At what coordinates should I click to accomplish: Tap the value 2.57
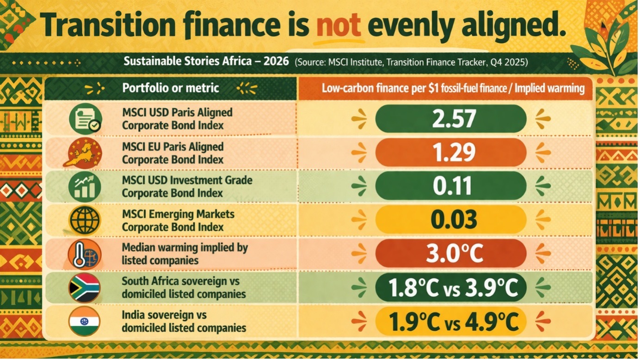(450, 119)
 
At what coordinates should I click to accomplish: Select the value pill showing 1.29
(450, 153)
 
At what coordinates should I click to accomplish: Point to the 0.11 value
(450, 186)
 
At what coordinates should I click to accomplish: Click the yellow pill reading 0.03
(450, 220)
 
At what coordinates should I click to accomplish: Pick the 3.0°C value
(450, 253)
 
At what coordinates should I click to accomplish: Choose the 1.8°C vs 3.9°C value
(450, 287)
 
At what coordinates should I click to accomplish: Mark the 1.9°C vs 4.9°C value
(450, 321)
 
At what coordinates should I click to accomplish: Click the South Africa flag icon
(84, 287)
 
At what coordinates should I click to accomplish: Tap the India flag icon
(84, 321)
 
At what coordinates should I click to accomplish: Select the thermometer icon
(84, 254)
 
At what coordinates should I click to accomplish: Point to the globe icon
(84, 220)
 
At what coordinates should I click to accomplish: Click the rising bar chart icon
(84, 186)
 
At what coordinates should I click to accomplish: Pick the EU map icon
(84, 153)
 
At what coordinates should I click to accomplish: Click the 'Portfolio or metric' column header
(171, 88)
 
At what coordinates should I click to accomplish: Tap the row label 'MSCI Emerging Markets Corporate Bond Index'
(178, 220)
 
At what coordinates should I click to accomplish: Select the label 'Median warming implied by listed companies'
(185, 254)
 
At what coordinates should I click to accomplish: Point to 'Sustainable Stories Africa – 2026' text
(206, 61)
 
